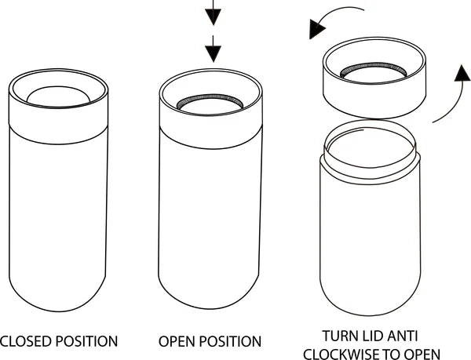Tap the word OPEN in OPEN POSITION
[177, 341]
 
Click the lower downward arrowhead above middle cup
[213, 53]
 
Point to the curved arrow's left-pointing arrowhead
[316, 30]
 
